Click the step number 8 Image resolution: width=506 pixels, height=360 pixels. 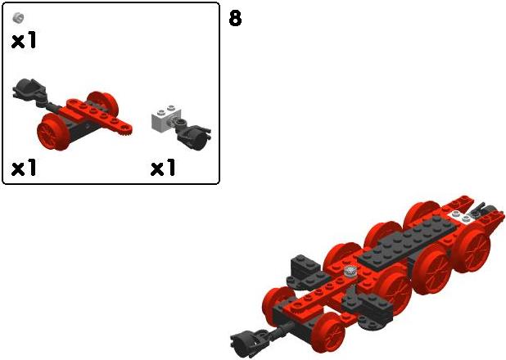[235, 18]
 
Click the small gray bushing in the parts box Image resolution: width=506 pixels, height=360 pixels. [18, 18]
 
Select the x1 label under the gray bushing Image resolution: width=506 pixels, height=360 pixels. [23, 41]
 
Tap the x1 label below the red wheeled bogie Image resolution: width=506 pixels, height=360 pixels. [23, 168]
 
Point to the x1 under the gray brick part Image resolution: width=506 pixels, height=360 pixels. [163, 168]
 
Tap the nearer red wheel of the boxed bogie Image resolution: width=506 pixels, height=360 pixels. [53, 131]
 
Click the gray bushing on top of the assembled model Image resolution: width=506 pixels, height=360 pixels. [349, 271]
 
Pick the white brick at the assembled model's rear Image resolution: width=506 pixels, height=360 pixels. [461, 217]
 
